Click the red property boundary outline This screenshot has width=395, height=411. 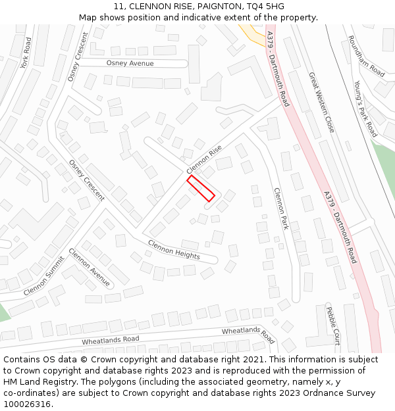click(201, 188)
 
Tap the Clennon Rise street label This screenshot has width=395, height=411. click(204, 159)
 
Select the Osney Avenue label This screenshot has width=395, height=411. click(130, 63)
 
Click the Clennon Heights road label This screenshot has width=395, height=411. click(174, 249)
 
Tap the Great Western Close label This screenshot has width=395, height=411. click(321, 102)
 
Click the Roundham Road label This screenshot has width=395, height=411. click(366, 56)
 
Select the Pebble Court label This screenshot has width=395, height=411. click(333, 325)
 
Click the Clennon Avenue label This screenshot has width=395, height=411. click(90, 266)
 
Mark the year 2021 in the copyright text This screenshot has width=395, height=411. click(252, 360)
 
